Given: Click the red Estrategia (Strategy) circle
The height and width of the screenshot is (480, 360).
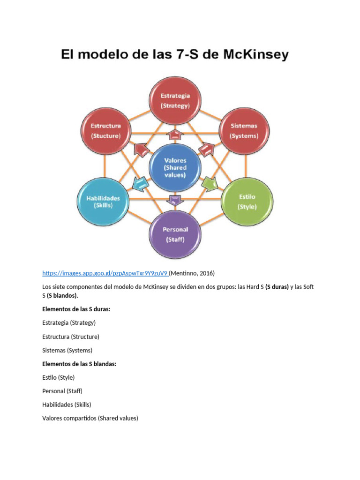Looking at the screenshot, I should (x=175, y=100).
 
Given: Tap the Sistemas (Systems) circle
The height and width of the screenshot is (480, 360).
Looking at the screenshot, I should (x=244, y=130).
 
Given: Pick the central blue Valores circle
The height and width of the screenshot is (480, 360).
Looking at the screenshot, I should (x=175, y=167).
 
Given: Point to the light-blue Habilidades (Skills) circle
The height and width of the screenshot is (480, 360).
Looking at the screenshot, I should (x=103, y=201).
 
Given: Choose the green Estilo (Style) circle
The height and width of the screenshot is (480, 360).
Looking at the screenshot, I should (x=247, y=201).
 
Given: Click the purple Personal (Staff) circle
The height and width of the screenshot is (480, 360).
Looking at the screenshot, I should (x=175, y=234).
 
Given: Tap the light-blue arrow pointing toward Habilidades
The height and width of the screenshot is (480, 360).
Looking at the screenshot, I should (x=139, y=183).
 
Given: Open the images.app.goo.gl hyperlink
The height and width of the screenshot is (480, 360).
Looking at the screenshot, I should (x=105, y=273).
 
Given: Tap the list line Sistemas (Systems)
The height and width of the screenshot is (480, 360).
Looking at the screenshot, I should (x=67, y=350).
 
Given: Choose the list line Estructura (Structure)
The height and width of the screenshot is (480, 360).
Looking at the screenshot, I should (x=70, y=337).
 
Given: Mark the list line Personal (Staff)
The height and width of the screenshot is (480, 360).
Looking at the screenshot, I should (x=62, y=390).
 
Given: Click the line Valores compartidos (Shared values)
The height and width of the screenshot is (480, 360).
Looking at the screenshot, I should (x=90, y=418).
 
